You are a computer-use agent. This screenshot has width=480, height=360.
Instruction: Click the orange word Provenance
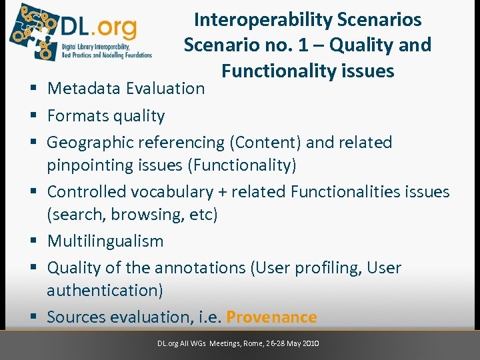pos(271,317)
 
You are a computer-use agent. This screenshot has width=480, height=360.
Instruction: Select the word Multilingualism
pos(105,241)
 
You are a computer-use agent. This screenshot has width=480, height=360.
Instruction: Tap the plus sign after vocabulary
pos(221,192)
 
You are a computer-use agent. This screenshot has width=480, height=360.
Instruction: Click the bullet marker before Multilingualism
pos(32,241)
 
